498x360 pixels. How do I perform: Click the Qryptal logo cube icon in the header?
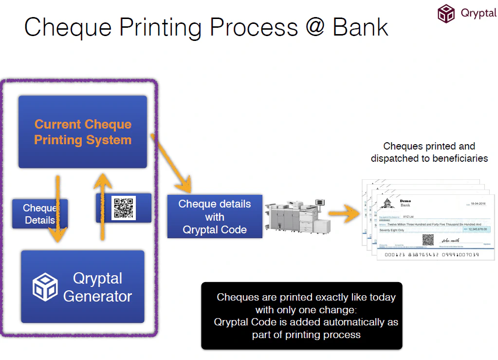(446, 13)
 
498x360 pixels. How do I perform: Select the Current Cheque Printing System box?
(83, 132)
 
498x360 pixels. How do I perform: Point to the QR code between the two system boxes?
(124, 208)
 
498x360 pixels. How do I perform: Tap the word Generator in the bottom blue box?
(97, 296)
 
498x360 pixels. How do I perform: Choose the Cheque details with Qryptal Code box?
(215, 216)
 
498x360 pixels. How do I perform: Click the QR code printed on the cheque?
(428, 239)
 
